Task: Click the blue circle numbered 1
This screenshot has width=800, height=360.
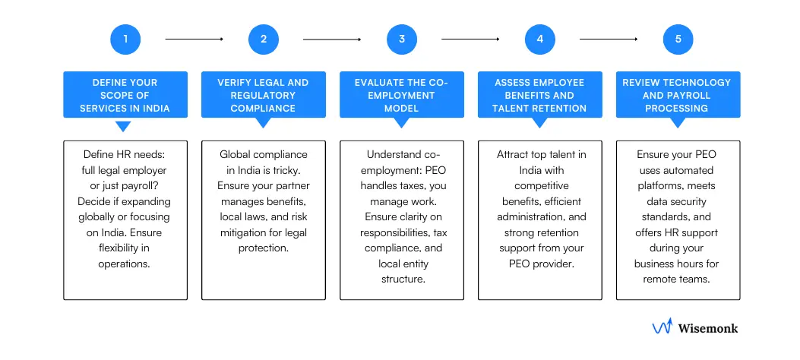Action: [125, 39]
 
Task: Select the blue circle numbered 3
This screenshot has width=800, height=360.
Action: [402, 39]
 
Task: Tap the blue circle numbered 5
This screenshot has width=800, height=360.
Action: [678, 39]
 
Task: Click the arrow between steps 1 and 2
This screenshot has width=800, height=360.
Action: [194, 39]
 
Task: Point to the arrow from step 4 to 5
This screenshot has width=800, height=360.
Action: [609, 39]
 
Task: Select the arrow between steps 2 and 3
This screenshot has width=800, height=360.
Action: [332, 39]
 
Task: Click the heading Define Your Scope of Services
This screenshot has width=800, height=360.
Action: [125, 96]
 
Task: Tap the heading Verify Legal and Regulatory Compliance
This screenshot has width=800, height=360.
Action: [264, 96]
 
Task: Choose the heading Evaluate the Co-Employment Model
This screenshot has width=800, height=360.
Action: [402, 96]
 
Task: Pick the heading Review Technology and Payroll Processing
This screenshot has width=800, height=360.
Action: [678, 96]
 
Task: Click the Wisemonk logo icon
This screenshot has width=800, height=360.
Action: [662, 327]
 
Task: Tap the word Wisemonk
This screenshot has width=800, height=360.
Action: [707, 328]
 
